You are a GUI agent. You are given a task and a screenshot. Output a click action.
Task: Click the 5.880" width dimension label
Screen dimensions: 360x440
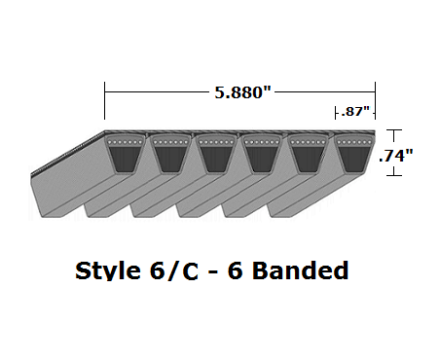238,91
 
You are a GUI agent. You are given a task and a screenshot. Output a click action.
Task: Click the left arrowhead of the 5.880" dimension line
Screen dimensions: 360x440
108,92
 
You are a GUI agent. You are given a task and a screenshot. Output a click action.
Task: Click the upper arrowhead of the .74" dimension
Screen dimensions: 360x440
393,132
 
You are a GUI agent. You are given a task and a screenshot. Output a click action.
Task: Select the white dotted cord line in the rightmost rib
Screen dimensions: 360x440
353,144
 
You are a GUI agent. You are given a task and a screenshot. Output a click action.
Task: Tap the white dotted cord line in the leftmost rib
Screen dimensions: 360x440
124,144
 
